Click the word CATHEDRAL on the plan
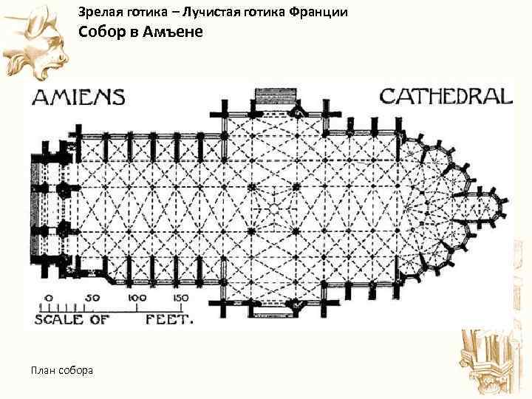pyautogui.click(x=446, y=96)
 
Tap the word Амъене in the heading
pyautogui.click(x=172, y=33)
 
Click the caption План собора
pyautogui.click(x=62, y=369)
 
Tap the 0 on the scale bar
pyautogui.click(x=49, y=299)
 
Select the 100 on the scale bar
pyautogui.click(x=136, y=299)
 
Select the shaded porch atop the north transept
pyautogui.click(x=273, y=98)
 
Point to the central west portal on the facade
pyautogui.click(x=37, y=208)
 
